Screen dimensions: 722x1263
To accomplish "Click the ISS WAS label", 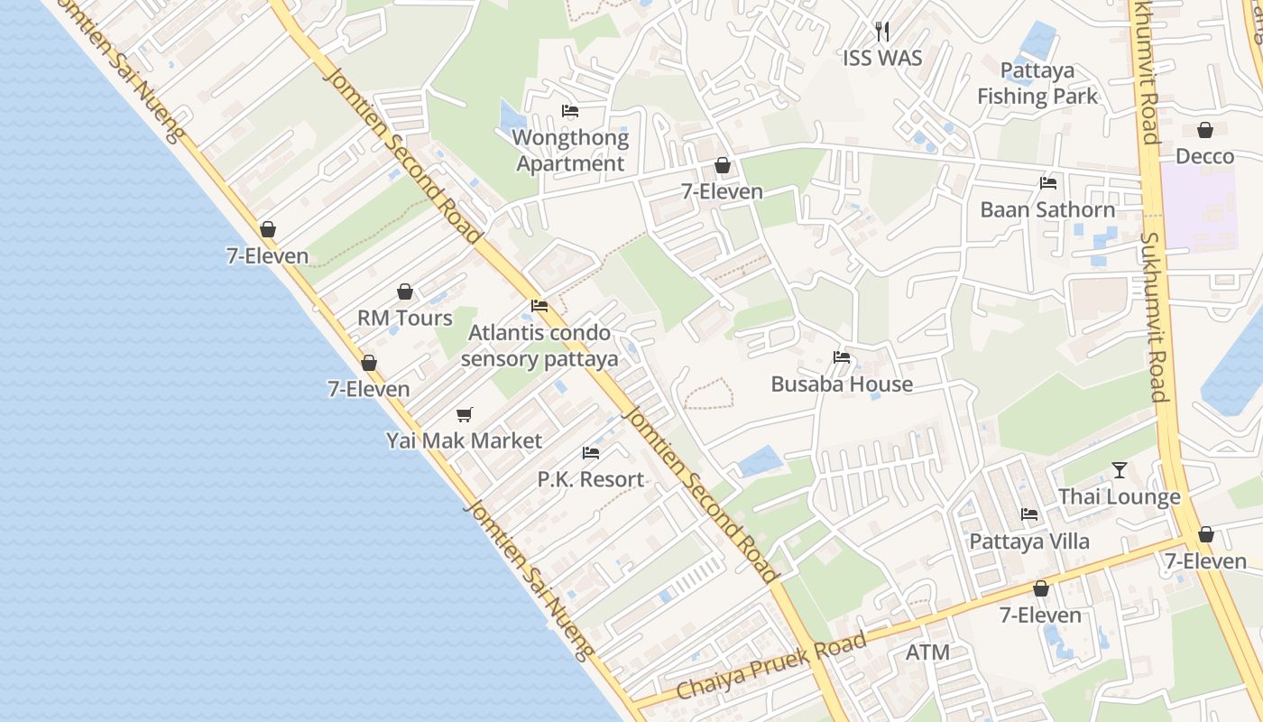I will click(x=882, y=58).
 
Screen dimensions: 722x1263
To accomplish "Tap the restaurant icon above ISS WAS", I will click(x=882, y=32).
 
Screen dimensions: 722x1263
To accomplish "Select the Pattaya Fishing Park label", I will click(x=1037, y=83).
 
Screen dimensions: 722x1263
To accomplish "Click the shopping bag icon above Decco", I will click(x=1204, y=130).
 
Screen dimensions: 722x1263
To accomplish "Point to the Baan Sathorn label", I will click(x=1047, y=209).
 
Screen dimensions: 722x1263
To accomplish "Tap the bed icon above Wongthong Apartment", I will click(x=570, y=111).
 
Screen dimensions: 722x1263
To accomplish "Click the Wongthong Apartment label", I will click(x=570, y=151).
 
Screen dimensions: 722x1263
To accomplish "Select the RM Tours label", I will click(x=405, y=318).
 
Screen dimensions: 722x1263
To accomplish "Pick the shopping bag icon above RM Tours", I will click(x=405, y=292).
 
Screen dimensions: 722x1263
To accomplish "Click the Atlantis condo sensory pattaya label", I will click(x=539, y=346).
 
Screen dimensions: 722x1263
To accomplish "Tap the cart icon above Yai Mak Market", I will click(x=464, y=414).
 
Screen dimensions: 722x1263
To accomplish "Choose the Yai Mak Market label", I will click(x=464, y=440).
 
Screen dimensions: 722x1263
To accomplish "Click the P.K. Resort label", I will click(x=591, y=479).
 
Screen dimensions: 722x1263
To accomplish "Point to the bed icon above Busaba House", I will click(x=842, y=357).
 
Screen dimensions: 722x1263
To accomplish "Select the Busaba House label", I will click(x=842, y=384).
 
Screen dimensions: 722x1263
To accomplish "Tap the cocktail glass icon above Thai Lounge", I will click(x=1120, y=470).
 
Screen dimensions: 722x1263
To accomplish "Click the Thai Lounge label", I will click(x=1120, y=496).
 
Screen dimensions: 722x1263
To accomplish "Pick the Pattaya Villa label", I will click(x=1029, y=541).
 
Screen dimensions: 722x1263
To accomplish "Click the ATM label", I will click(x=927, y=652).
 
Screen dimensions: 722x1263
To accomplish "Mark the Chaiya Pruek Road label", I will click(x=771, y=667).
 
